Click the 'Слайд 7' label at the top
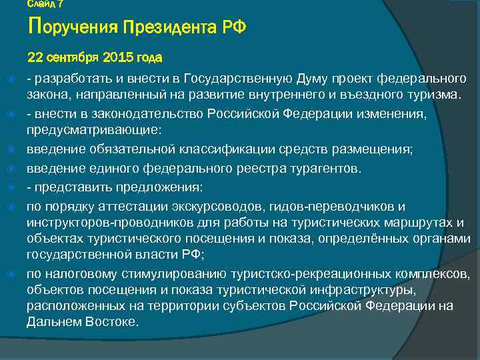pos(45,4)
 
